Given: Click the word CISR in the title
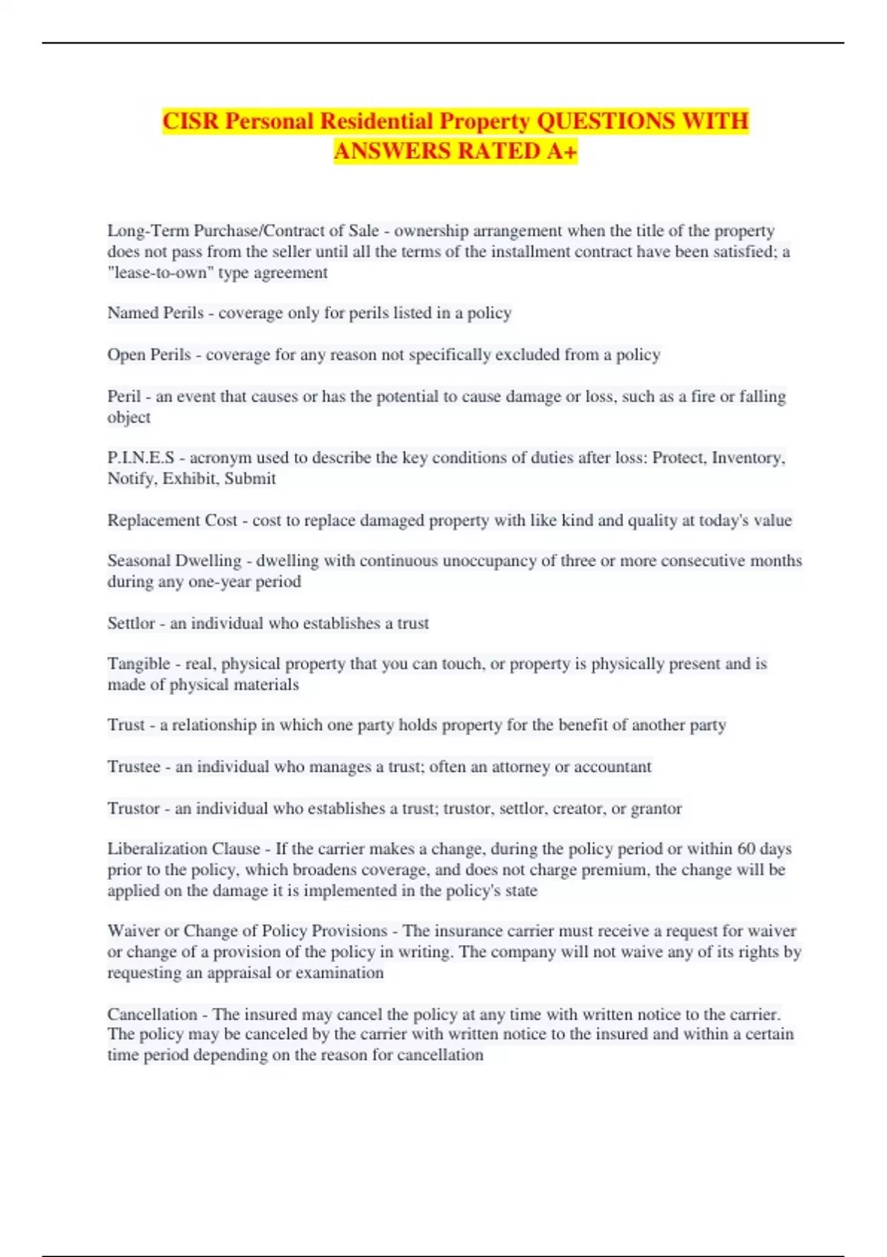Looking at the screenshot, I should (x=190, y=121).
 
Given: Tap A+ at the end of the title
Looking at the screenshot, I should (x=562, y=151).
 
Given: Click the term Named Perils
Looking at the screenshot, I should (x=155, y=313).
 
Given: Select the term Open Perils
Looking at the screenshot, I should (x=149, y=355).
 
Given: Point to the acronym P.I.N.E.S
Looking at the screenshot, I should (x=140, y=458).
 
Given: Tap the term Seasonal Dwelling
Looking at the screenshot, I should (x=174, y=560).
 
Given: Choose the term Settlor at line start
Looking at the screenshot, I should (x=131, y=623).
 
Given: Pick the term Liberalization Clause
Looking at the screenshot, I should (x=183, y=849).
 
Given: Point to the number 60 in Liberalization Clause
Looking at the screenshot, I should (x=747, y=849).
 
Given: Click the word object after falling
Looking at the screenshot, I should (x=129, y=417).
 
